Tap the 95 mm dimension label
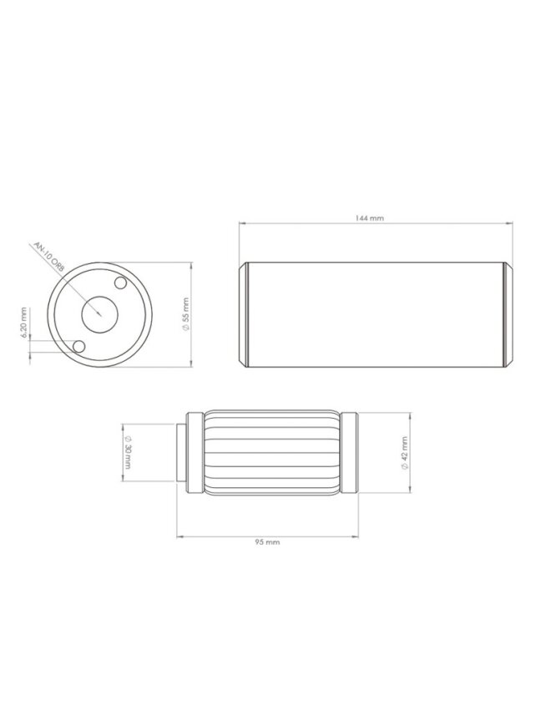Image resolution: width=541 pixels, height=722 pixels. coord(267,542)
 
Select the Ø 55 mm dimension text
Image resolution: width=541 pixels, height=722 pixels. coord(186,314)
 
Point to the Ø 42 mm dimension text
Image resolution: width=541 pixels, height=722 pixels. coord(404,453)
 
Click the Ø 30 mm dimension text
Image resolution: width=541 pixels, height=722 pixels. coord(128,453)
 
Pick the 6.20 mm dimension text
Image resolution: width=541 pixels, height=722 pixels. coord(24,323)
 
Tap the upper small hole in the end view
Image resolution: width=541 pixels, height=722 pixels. coord(120,283)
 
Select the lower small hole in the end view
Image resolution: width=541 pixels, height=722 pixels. coord(79,347)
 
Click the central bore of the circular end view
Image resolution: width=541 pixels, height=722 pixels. coord(100,315)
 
